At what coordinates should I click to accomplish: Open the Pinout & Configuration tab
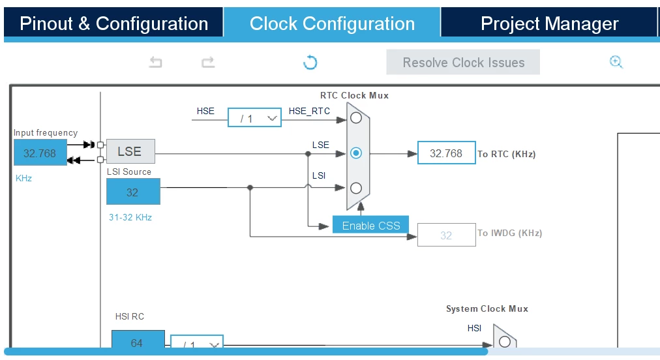click(x=113, y=23)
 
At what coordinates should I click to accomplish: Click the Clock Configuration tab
click(x=332, y=23)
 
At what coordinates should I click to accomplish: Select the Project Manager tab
click(x=549, y=23)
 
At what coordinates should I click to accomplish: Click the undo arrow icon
click(x=156, y=63)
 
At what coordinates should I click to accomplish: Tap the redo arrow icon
click(x=208, y=63)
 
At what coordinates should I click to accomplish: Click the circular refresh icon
click(x=310, y=63)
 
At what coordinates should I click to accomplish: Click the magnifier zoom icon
click(x=616, y=63)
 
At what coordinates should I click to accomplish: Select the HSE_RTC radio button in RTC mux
click(x=356, y=118)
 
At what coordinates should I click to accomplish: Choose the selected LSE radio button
click(x=356, y=153)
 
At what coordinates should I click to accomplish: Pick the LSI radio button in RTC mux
click(x=356, y=188)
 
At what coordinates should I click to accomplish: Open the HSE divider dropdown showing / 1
click(x=254, y=117)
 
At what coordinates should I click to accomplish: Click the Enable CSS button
click(x=370, y=225)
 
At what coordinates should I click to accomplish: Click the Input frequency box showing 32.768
click(x=40, y=153)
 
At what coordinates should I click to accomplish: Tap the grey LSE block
click(x=130, y=151)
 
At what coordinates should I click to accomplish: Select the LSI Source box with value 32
click(x=133, y=192)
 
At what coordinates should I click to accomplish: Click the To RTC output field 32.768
click(x=447, y=153)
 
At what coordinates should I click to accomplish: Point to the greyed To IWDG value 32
click(x=447, y=235)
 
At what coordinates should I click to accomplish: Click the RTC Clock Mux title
click(x=354, y=96)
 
